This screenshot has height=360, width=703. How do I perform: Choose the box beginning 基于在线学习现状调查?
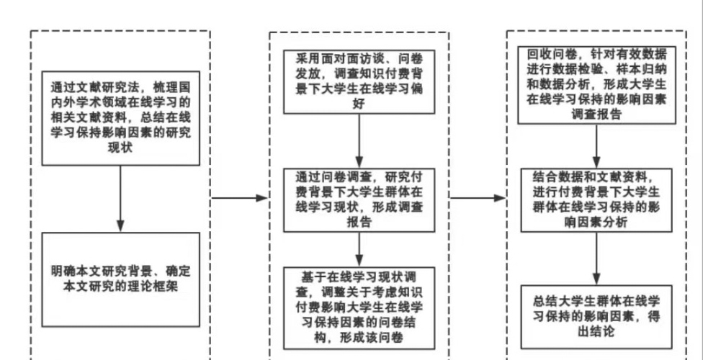pyautogui.click(x=358, y=308)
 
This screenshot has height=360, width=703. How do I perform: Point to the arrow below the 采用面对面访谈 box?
pyautogui.click(x=358, y=139)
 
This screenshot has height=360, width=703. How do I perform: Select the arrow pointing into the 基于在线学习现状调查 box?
pyautogui.click(x=358, y=248)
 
